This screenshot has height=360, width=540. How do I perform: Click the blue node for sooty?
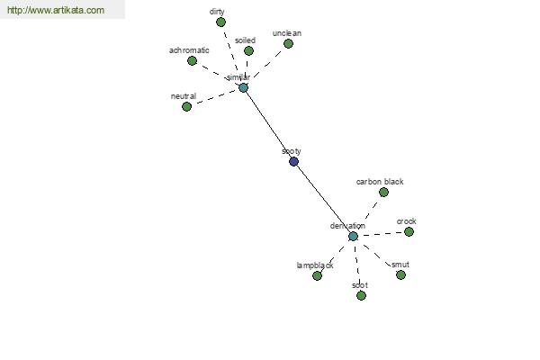[293, 161]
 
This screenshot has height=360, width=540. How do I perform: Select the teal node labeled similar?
[243, 87]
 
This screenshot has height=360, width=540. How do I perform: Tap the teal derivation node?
[353, 236]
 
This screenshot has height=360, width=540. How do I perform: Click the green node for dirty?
[221, 22]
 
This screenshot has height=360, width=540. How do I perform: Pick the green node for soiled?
[249, 50]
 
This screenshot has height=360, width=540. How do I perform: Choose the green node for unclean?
[288, 43]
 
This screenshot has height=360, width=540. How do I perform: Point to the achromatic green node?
[193, 60]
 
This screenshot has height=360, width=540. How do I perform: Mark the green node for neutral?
[187, 106]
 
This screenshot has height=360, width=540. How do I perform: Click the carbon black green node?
[383, 192]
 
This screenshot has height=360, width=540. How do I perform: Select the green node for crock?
[409, 231]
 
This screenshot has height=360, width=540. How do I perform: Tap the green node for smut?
[400, 274]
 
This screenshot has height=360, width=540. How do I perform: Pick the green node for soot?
[361, 295]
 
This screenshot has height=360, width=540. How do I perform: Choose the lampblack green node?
[317, 275]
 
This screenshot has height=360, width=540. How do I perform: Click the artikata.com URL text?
[56, 11]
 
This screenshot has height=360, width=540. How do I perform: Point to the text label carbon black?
[380, 181]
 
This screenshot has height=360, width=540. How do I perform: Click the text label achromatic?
[189, 49]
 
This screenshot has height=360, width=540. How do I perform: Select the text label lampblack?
[315, 265]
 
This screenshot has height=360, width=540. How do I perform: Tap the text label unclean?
[287, 33]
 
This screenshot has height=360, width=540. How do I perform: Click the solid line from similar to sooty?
[268, 124]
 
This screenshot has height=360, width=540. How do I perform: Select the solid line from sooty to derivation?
[323, 198]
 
